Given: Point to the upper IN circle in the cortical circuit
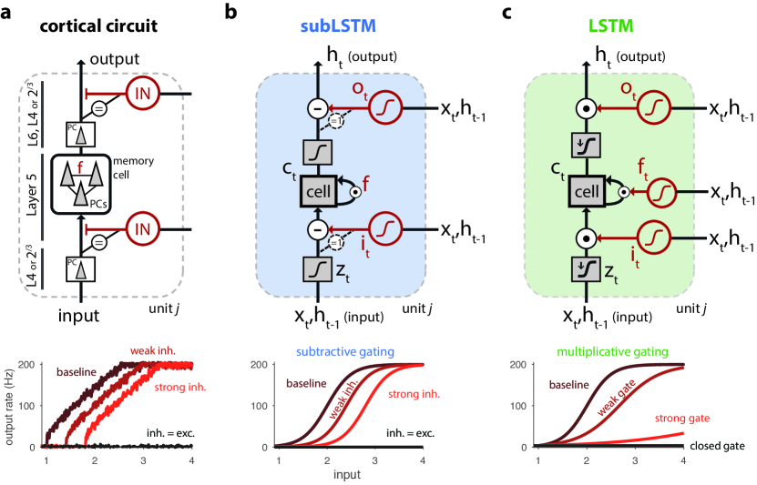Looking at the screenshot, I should point(142,94).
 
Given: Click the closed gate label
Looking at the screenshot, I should point(718,445).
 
